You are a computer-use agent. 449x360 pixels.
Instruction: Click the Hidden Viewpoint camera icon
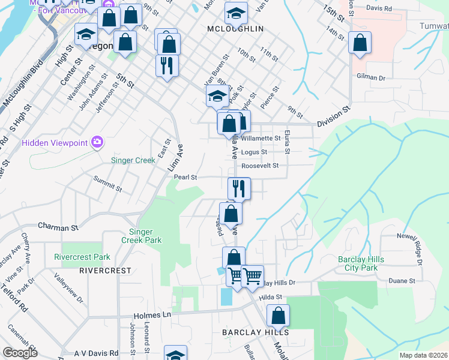[97, 142]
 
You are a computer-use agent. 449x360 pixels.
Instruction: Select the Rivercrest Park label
[82, 257]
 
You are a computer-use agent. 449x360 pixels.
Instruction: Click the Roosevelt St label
[260, 166]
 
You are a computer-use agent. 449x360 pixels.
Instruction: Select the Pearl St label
[185, 178]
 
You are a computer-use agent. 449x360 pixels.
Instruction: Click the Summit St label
[108, 184]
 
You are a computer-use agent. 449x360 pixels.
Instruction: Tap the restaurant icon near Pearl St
[239, 188]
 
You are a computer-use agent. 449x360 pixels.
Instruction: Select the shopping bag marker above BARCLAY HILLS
[279, 316]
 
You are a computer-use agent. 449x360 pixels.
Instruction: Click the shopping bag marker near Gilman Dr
[360, 43]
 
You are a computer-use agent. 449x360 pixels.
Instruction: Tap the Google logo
[20, 352]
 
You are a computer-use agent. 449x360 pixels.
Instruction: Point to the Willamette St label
[261, 138]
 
